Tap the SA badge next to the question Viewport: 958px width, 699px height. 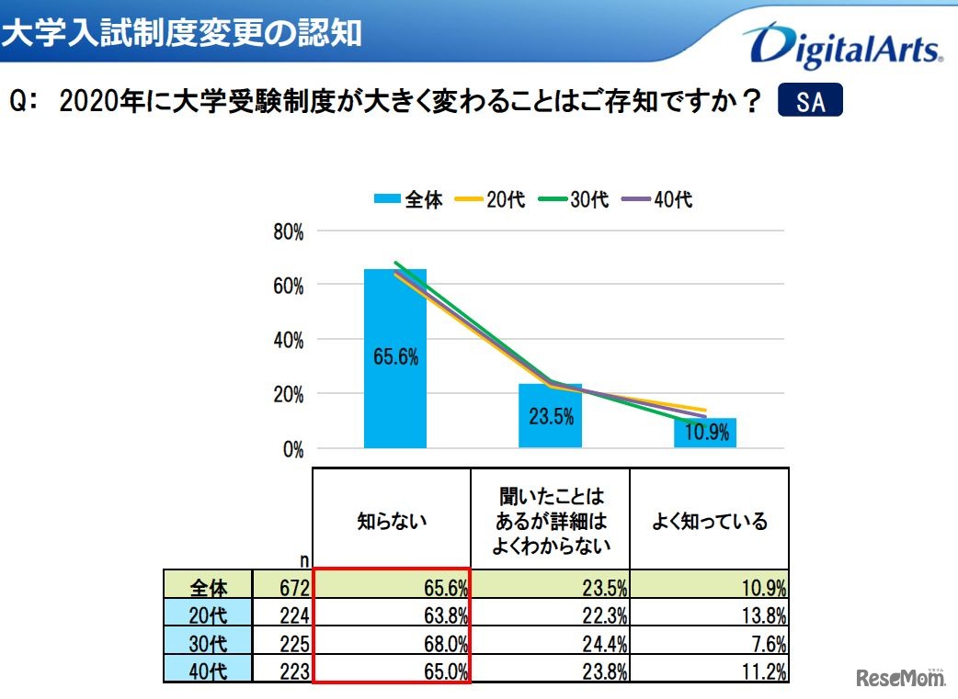(x=810, y=101)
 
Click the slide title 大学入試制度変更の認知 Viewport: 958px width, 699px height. (x=181, y=34)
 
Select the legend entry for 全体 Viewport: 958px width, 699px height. (x=408, y=199)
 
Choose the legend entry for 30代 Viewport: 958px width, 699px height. (x=574, y=199)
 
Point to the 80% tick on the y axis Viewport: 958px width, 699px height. (x=288, y=232)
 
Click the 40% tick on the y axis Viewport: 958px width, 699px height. (x=288, y=341)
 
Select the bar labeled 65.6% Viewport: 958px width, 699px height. (x=395, y=358)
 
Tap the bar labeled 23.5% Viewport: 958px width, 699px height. (x=551, y=416)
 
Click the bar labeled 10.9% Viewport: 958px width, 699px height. (x=705, y=433)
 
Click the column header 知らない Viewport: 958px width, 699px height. (x=393, y=522)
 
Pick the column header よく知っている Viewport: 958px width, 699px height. (x=709, y=522)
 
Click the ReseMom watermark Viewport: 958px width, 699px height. (x=900, y=679)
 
